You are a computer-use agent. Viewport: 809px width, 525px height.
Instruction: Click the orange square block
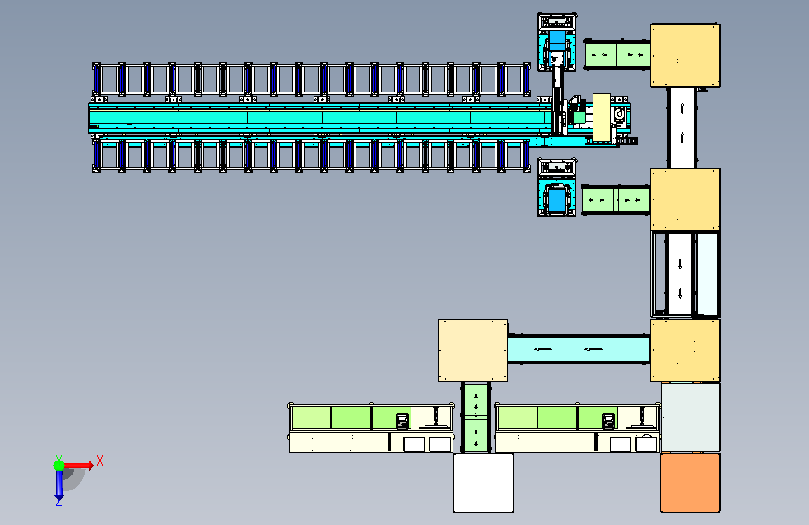(x=690, y=483)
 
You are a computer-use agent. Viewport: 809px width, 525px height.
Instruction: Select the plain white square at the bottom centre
(x=483, y=483)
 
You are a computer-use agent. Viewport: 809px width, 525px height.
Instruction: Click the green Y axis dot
(x=59, y=465)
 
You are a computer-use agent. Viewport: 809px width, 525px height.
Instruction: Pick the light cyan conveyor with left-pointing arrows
(x=579, y=349)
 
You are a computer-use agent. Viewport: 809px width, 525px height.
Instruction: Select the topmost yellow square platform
(x=686, y=55)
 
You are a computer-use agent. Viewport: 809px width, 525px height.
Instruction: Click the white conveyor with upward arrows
(x=682, y=128)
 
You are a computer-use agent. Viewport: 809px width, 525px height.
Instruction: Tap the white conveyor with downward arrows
(x=680, y=274)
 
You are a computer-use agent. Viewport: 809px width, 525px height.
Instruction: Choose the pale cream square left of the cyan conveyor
(x=472, y=350)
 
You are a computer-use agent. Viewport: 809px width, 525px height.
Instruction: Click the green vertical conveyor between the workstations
(x=476, y=418)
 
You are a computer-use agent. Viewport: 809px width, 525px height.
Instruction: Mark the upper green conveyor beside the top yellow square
(x=618, y=54)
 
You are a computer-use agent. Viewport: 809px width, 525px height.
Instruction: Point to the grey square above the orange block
(x=690, y=418)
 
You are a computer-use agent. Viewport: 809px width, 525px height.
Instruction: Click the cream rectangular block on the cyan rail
(x=602, y=118)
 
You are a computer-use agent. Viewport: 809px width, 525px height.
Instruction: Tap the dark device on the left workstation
(x=402, y=420)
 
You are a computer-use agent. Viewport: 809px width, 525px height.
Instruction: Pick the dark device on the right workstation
(x=608, y=420)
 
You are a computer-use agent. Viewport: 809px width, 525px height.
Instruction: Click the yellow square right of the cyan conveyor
(x=686, y=350)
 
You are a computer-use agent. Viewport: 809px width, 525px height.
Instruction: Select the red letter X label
(x=100, y=461)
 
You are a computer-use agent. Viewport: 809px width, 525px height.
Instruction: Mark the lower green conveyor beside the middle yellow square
(x=616, y=200)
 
